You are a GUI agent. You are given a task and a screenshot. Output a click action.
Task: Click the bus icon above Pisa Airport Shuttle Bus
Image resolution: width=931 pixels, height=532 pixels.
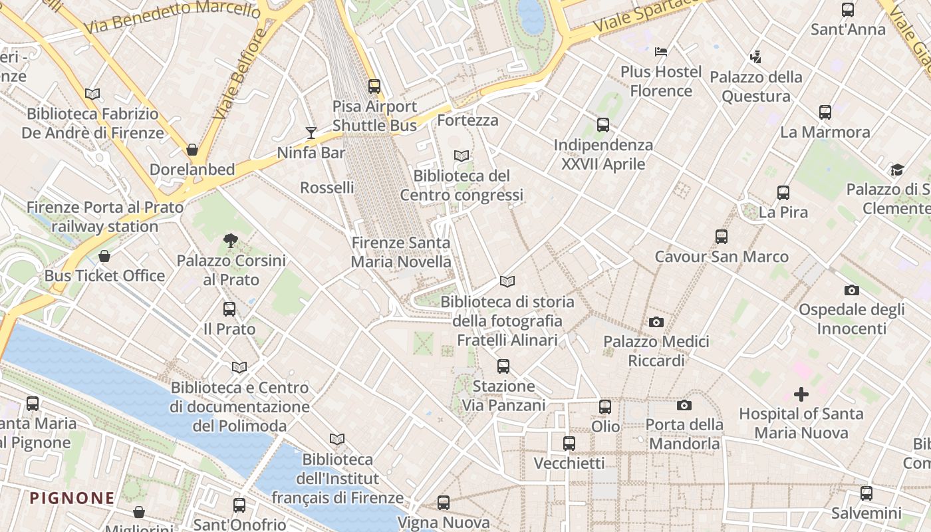pos(374,86)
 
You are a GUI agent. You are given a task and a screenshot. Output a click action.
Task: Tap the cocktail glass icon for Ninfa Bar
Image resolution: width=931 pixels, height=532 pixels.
pos(311,133)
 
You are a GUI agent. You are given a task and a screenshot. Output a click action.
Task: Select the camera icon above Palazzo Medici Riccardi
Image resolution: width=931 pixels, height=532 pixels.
pos(656,322)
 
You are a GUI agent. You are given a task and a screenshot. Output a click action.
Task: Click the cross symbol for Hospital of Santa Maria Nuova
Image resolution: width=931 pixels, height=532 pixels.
pos(801,394)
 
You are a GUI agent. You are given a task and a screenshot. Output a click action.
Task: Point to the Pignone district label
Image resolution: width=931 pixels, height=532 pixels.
pos(72,498)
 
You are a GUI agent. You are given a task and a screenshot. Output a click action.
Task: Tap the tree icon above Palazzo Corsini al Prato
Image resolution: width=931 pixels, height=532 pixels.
pos(231,240)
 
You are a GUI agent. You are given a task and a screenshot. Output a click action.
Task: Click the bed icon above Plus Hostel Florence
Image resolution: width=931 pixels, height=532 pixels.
pos(661,51)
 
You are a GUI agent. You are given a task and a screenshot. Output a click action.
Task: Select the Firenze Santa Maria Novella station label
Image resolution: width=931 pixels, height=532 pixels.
pos(401,253)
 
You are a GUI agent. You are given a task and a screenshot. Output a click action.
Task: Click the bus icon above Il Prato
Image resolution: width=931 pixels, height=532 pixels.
pos(229,309)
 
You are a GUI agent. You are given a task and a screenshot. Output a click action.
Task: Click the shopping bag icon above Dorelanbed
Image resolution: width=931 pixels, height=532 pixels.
pos(192,150)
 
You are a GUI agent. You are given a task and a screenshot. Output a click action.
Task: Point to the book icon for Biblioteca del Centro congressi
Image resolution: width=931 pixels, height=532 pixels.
pos(462,156)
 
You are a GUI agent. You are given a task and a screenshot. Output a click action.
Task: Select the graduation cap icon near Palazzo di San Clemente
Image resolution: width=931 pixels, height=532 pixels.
pos(897,170)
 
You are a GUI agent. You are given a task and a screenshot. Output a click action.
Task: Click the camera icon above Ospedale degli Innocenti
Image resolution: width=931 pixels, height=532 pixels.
pos(852,290)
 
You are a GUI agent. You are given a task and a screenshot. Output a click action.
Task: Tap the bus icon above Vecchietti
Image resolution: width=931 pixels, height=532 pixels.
pos(569,444)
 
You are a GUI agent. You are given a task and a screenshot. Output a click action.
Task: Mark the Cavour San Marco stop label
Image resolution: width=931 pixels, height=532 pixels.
pos(722,257)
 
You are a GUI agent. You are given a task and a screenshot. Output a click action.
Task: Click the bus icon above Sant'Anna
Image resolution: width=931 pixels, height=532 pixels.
pos(848,10)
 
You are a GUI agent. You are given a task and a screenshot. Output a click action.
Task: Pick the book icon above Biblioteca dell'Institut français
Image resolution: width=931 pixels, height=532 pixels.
pos(337,440)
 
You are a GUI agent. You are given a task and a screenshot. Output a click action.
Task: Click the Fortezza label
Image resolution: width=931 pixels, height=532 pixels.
pos(467,120)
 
